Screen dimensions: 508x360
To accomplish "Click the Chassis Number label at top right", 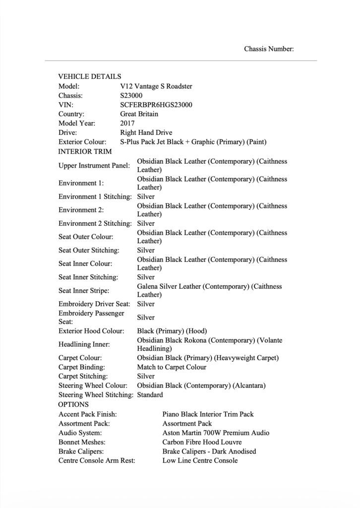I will (269, 49).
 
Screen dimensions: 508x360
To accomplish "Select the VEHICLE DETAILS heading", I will (89, 76).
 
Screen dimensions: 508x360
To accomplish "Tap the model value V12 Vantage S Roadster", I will (156, 86).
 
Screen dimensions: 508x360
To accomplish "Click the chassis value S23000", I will (131, 95).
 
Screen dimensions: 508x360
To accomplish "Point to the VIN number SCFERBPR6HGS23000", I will (156, 105).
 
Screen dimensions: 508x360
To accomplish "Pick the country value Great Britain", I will (139, 114).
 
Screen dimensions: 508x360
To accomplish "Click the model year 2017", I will (127, 123).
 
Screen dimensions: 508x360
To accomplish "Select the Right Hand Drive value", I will (146, 132).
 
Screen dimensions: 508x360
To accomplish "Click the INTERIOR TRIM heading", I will (85, 151).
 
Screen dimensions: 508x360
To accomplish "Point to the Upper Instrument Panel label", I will (94, 165).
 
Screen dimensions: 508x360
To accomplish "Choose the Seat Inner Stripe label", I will (84, 290).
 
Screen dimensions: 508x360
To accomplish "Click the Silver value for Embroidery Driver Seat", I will (146, 304).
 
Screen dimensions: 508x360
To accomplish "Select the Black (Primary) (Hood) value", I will (172, 330).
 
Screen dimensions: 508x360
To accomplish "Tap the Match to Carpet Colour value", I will (172, 367).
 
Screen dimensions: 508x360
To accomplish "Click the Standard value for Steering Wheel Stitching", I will (150, 395).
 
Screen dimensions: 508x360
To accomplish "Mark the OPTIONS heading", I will (73, 404).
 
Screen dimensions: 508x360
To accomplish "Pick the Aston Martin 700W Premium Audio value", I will (216, 433).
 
